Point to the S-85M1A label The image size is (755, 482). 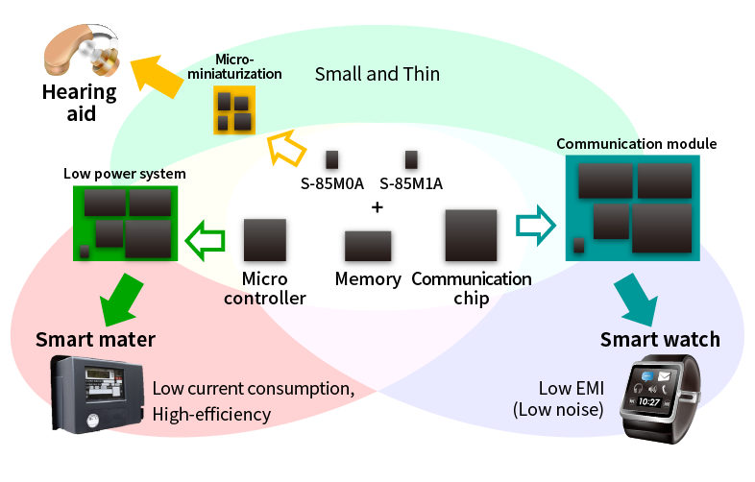411,183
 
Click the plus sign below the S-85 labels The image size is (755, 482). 377,207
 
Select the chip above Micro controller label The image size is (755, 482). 265,240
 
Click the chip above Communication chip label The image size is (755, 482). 471,236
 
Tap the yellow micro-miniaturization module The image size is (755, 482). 233,109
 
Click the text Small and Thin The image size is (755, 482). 377,74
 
